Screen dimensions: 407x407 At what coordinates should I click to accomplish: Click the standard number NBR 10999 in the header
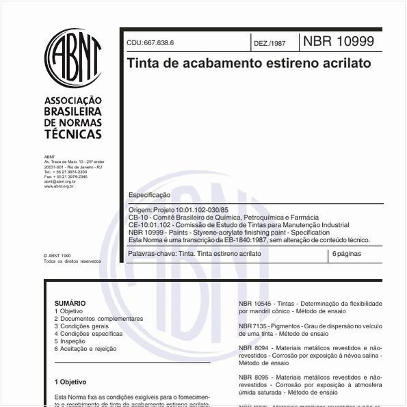click(x=339, y=41)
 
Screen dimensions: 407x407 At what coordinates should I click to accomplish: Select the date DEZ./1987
click(x=270, y=43)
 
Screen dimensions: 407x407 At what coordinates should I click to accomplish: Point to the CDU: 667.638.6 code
click(x=150, y=43)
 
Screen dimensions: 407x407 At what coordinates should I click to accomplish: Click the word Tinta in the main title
click(x=142, y=63)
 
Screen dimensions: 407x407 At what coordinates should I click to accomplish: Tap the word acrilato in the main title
click(x=345, y=63)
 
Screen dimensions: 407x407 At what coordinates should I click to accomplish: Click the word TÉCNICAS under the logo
click(x=73, y=134)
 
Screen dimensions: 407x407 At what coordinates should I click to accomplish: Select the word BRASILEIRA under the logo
click(x=73, y=111)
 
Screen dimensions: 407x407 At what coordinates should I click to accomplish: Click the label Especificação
click(x=150, y=195)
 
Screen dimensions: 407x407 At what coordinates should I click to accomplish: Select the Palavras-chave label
click(x=152, y=253)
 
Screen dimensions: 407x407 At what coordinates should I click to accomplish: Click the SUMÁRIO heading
click(x=70, y=303)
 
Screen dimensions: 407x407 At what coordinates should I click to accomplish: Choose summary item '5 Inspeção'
click(x=70, y=341)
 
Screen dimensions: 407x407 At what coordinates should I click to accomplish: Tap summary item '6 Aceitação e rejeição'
click(x=86, y=348)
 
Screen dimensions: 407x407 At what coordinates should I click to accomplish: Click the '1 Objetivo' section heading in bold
click(x=70, y=381)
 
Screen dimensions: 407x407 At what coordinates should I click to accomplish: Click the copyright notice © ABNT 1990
click(x=57, y=256)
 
